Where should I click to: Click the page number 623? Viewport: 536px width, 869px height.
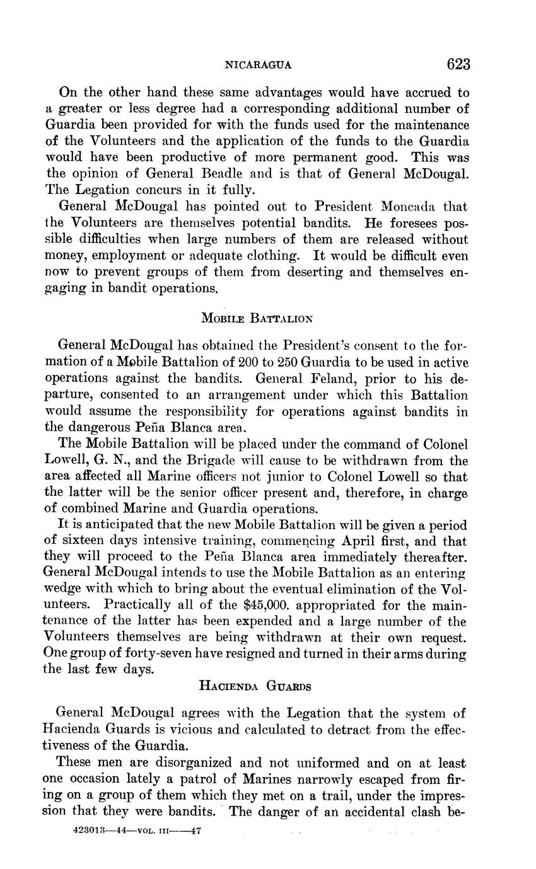pos(458,64)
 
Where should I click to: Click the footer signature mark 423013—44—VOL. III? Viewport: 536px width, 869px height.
pos(137,831)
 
